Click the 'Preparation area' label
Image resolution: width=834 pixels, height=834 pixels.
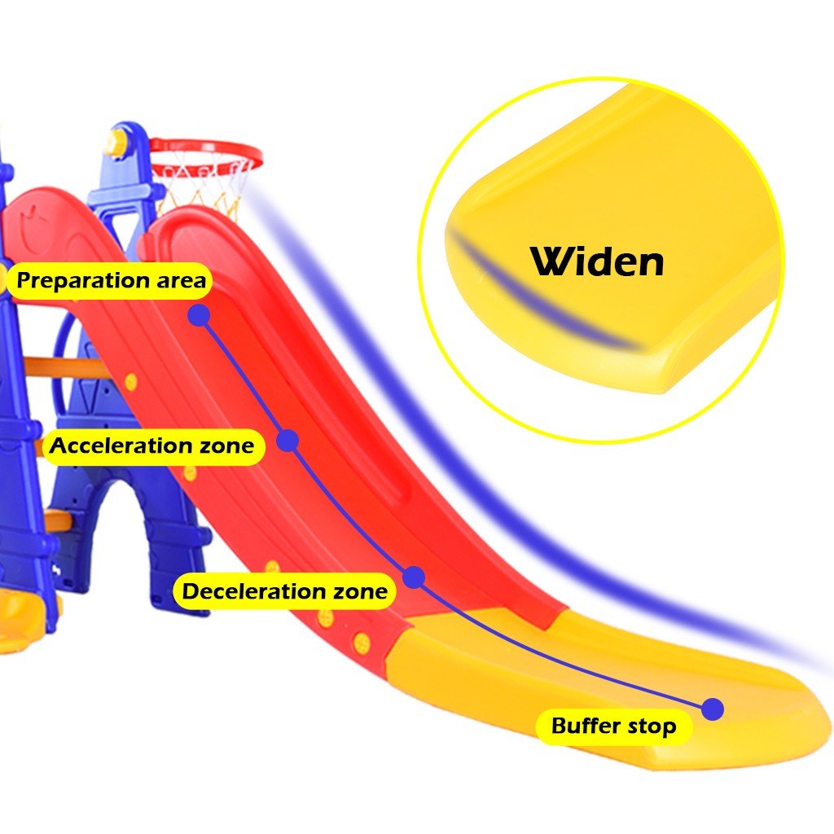[110, 280]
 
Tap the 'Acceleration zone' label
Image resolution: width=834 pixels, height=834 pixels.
[152, 446]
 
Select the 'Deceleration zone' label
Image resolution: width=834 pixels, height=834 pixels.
[284, 591]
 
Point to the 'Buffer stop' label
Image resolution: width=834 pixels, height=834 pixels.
[614, 726]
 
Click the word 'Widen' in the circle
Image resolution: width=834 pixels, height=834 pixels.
[597, 261]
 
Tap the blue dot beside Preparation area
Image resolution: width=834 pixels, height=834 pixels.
[199, 315]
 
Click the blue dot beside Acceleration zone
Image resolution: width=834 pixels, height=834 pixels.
[288, 441]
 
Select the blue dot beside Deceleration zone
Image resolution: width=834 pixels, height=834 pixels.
[414, 577]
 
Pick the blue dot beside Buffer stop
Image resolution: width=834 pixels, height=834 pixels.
[713, 709]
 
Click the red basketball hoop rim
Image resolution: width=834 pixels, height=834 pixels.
[205, 143]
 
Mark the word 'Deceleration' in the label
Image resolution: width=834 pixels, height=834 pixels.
[253, 591]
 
